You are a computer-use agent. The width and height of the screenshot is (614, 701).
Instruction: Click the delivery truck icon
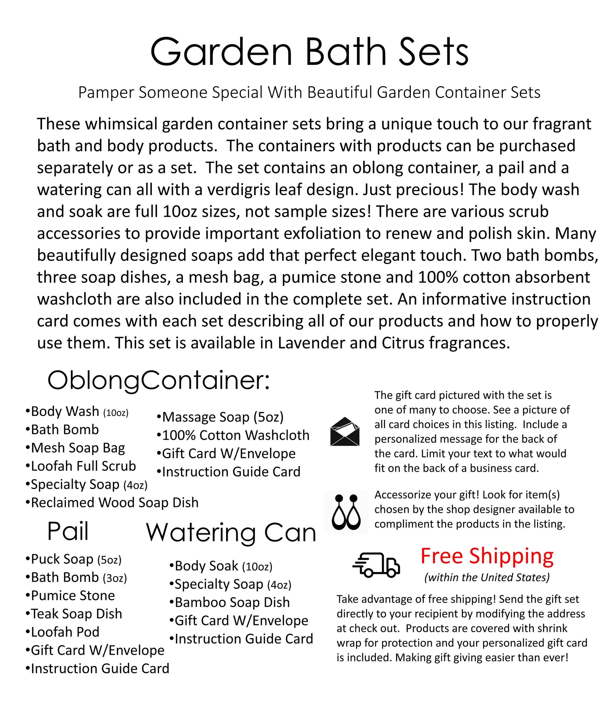click(x=376, y=564)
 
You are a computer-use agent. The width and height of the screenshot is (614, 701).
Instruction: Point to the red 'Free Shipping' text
click(x=486, y=556)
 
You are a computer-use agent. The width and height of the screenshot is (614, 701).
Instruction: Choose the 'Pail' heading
click(x=68, y=532)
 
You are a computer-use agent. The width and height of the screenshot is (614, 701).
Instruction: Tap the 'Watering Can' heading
click(x=231, y=533)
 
